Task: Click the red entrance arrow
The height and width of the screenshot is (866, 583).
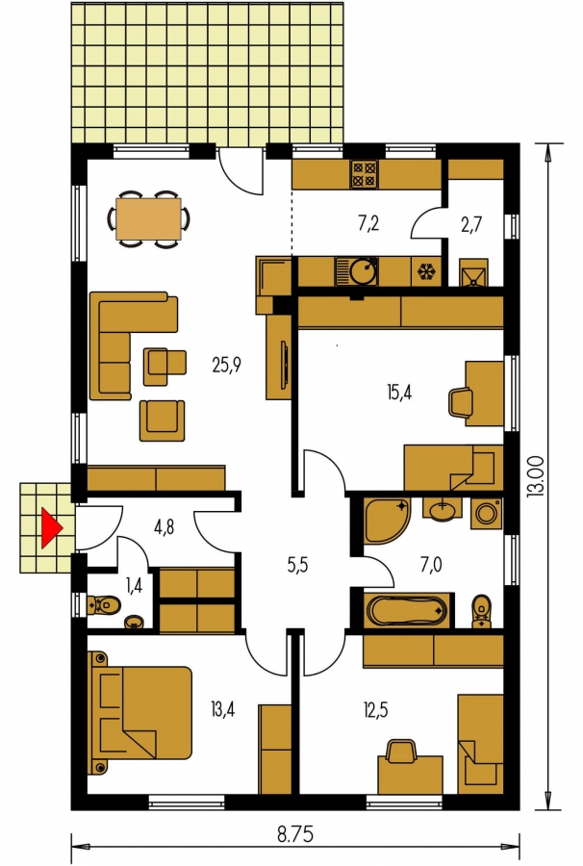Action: pyautogui.click(x=51, y=528)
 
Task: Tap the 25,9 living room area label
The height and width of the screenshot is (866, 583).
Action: pyautogui.click(x=227, y=365)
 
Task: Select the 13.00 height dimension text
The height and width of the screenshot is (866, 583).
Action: pyautogui.click(x=540, y=476)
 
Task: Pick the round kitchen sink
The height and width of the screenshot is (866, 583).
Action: pyautogui.click(x=364, y=270)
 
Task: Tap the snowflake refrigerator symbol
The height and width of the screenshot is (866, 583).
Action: pyautogui.click(x=425, y=271)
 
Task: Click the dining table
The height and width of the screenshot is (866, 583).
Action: pyautogui.click(x=148, y=219)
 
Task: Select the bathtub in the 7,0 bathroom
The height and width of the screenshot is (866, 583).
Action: pyautogui.click(x=408, y=611)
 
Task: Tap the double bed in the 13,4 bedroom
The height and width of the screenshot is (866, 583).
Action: pyautogui.click(x=139, y=713)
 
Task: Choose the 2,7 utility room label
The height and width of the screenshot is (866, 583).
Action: pyautogui.click(x=471, y=224)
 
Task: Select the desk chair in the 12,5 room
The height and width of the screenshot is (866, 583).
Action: pyautogui.click(x=402, y=751)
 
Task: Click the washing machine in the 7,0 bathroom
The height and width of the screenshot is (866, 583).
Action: pyautogui.click(x=487, y=513)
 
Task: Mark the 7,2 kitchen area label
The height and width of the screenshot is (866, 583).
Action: pyautogui.click(x=368, y=223)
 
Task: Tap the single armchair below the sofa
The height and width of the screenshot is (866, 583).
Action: pyautogui.click(x=162, y=420)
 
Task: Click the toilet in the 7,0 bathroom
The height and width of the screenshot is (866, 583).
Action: pyautogui.click(x=481, y=611)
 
